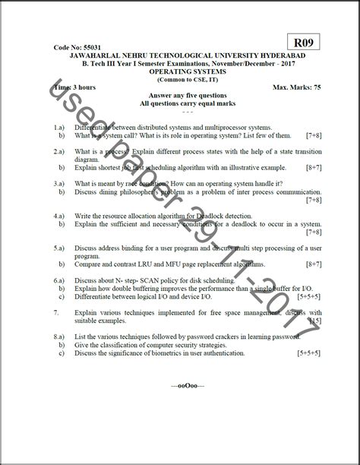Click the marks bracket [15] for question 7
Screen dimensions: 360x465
point(314,321)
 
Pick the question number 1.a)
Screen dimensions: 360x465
point(58,128)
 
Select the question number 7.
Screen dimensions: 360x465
point(56,312)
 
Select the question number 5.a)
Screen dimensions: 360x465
point(58,248)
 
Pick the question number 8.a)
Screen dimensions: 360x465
point(58,335)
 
